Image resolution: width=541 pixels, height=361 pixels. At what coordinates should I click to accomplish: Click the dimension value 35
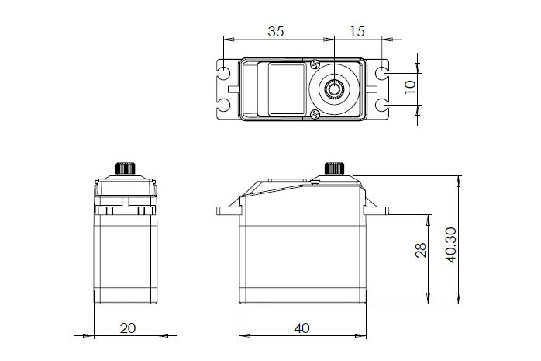tap(275, 32)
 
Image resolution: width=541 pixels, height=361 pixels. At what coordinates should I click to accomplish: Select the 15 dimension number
tap(357, 32)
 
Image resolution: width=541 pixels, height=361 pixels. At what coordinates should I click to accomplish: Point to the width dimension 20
tap(128, 328)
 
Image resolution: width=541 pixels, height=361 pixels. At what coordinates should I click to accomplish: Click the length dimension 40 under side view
tap(302, 328)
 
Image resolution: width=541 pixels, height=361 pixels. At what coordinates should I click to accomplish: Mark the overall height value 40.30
tap(450, 246)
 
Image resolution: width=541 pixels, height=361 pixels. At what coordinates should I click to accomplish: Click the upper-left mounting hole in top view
tap(226, 75)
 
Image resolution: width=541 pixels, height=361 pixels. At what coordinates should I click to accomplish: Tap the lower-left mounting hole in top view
tap(226, 105)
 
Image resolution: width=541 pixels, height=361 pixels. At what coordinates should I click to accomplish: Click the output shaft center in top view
tap(335, 89)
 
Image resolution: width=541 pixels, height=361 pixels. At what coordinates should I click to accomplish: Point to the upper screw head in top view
tap(315, 64)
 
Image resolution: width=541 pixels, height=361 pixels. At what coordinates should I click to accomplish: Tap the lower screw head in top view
tap(315, 115)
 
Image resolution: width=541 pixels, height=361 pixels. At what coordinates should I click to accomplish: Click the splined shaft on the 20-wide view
tap(126, 168)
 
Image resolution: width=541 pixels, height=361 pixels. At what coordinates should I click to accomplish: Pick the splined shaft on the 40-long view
tap(334, 168)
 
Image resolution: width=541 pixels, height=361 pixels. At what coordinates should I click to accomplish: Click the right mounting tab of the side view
tap(379, 210)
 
